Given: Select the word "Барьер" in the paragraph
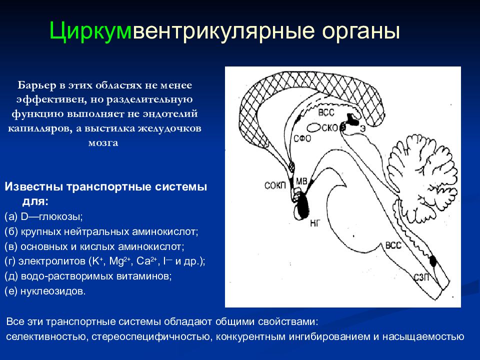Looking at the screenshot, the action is coord(37,85).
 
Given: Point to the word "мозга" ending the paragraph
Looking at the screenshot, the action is coord(103,143).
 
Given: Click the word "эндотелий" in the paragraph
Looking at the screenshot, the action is coord(169,114).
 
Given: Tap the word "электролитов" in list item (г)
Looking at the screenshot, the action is coord(52,261).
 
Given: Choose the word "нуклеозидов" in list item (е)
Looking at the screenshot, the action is coord(52,291).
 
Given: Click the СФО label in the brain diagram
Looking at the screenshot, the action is coord(302,139).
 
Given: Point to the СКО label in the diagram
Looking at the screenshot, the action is coord(329,127).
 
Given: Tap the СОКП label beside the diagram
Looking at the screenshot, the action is coord(275,185).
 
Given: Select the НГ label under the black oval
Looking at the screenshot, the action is coord(314,223).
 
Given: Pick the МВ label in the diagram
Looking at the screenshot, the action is coord(301,181).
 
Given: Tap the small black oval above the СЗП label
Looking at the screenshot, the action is coord(433,261).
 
